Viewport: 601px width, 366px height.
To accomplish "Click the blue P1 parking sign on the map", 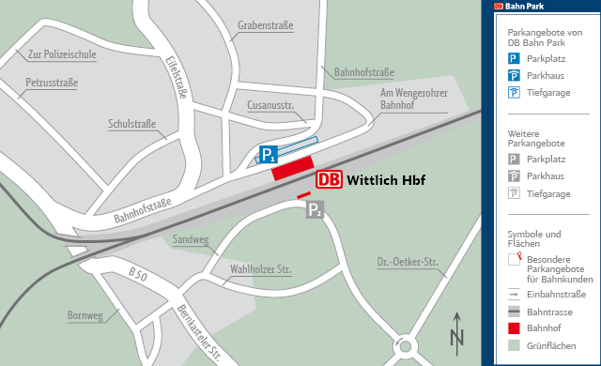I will [270, 154].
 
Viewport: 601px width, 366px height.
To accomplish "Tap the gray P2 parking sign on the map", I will [316, 211].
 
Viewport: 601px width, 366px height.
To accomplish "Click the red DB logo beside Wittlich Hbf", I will [330, 179].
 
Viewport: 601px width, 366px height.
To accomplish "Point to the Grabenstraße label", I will [266, 25].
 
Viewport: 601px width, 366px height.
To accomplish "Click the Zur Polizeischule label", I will [63, 54].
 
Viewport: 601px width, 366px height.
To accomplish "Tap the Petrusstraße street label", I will [52, 83].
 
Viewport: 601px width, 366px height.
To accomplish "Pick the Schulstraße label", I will [132, 123].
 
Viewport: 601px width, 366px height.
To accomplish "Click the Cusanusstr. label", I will [271, 105].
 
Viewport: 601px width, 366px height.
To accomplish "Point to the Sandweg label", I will [191, 239].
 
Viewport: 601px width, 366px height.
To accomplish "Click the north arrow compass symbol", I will [457, 330].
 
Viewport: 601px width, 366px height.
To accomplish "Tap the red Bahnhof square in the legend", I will [514, 328].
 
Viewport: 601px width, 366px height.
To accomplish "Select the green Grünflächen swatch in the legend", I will [514, 344].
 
